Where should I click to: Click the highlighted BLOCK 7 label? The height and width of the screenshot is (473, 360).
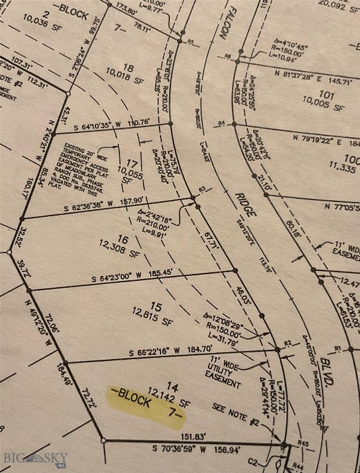145,403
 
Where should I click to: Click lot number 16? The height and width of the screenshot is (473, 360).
123,240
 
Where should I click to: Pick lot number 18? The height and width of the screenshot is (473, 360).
128,67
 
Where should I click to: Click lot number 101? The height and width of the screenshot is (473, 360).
327,95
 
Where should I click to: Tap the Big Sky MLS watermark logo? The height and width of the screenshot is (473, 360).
35,458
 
